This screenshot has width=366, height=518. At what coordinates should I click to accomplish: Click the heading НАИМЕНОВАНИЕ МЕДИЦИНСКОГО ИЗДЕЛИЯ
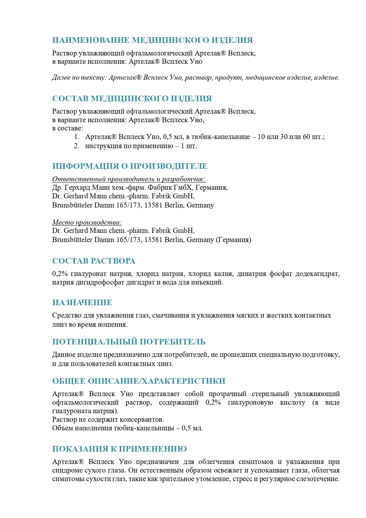[152, 40]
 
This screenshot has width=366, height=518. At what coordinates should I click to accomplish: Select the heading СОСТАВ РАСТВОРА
[94, 261]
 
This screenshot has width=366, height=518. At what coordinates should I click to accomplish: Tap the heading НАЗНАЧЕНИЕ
[82, 303]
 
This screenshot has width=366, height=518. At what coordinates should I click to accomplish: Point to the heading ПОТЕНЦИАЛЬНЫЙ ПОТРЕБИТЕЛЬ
[129, 342]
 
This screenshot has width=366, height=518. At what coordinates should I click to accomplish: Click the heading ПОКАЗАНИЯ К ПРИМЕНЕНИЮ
[119, 449]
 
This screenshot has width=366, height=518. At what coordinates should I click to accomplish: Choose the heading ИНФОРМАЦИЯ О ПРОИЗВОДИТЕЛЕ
[130, 166]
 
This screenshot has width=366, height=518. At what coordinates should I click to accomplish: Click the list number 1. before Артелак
[77, 137]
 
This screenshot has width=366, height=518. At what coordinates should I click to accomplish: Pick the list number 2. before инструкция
[77, 146]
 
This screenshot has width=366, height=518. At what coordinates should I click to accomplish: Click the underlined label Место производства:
[87, 222]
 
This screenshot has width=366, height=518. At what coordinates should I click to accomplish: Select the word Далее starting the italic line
[61, 78]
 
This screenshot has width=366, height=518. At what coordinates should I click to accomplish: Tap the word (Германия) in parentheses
[234, 240]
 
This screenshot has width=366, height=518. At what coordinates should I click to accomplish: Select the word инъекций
[210, 282]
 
